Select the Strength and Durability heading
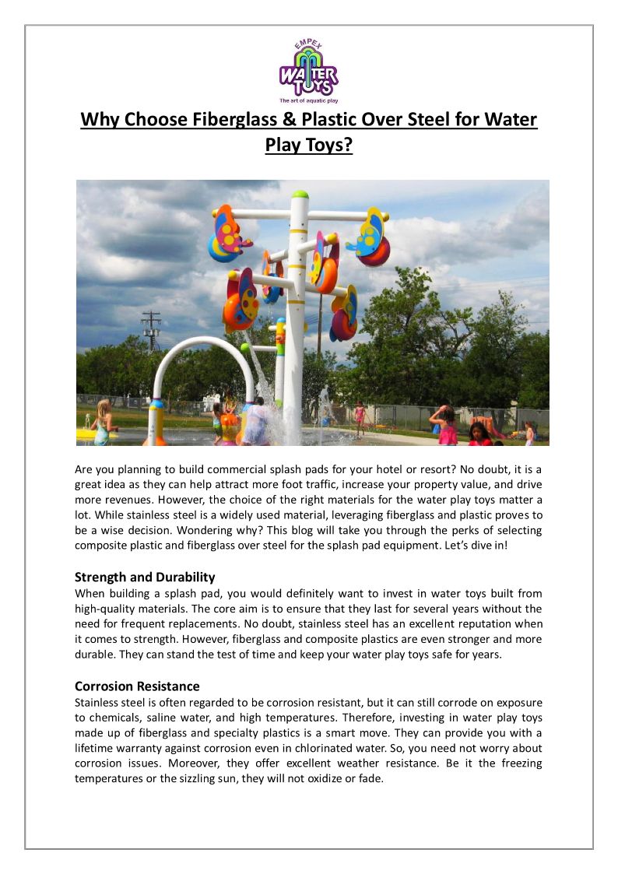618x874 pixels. (145, 577)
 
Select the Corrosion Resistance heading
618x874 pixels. (137, 686)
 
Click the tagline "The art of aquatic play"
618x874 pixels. (309, 100)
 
